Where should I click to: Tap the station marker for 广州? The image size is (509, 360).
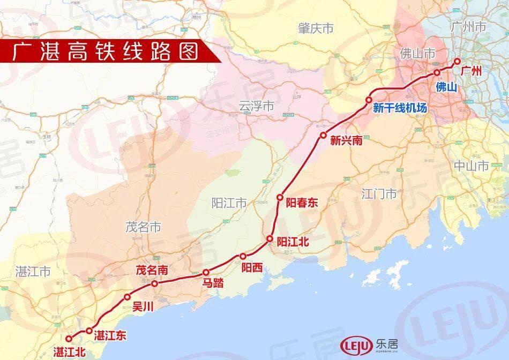click(x=457, y=61)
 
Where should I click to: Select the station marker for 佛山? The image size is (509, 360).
click(x=437, y=72)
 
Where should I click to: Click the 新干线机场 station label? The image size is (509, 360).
click(x=400, y=108)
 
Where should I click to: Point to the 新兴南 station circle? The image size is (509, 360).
click(x=323, y=135)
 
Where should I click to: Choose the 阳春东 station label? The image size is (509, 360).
click(x=302, y=202)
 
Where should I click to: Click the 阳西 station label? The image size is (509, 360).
click(x=252, y=267)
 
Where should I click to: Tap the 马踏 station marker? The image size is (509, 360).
click(x=205, y=272)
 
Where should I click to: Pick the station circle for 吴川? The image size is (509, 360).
click(x=127, y=297)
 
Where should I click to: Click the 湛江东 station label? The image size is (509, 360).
click(x=110, y=336)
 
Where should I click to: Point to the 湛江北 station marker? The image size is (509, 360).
click(x=69, y=338)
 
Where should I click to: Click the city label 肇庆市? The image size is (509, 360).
click(x=316, y=28)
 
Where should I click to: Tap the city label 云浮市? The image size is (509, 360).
click(x=256, y=107)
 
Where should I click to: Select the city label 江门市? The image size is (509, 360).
click(x=379, y=193)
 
